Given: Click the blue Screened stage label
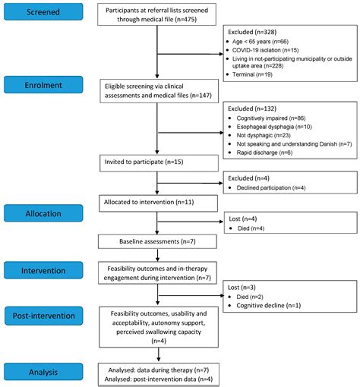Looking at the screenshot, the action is pyautogui.click(x=43, y=11).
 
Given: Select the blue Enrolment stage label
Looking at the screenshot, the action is pyautogui.click(x=43, y=85).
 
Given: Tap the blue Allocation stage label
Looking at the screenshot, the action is pyautogui.click(x=43, y=213).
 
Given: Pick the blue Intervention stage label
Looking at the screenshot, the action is pyautogui.click(x=43, y=270).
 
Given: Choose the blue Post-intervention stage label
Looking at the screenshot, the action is pyautogui.click(x=44, y=316).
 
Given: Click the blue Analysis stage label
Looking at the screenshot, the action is pyautogui.click(x=43, y=372).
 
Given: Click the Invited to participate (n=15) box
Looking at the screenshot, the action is pyautogui.click(x=159, y=163).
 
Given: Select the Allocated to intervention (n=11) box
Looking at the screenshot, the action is pyautogui.click(x=158, y=203).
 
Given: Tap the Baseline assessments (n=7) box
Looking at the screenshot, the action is pyautogui.click(x=157, y=241).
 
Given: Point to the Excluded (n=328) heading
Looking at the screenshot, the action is pyautogui.click(x=252, y=32).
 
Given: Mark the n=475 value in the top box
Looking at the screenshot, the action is pyautogui.click(x=185, y=19).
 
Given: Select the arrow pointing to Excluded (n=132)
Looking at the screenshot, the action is pyautogui.click(x=190, y=133).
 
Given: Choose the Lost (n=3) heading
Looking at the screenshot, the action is pyautogui.click(x=242, y=288).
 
